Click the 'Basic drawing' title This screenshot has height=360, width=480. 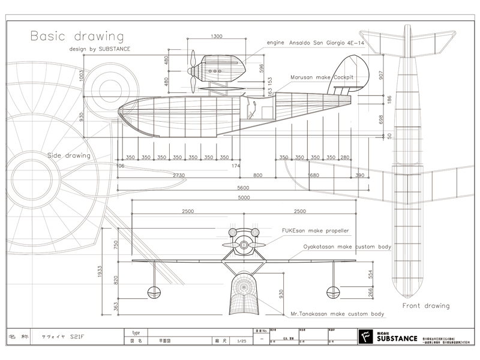click(x=76, y=37)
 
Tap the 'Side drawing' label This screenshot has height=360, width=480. click(x=69, y=155)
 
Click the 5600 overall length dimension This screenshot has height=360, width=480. click(x=242, y=188)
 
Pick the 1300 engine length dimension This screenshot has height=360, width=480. click(x=217, y=37)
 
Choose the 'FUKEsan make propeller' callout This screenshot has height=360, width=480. click(x=316, y=230)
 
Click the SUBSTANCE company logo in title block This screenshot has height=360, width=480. click(x=386, y=338)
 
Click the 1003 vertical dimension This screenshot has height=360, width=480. click(x=98, y=76)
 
